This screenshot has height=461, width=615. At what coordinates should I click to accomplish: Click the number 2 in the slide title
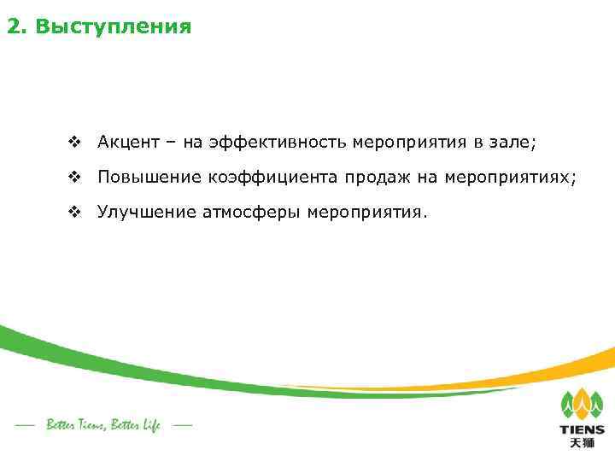[x=14, y=27]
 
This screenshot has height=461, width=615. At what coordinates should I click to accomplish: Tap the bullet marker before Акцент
[x=74, y=142]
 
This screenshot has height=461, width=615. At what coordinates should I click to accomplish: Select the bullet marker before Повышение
[x=74, y=177]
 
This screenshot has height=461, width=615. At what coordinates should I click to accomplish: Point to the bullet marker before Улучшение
[x=74, y=211]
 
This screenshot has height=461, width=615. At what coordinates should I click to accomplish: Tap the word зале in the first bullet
[x=512, y=142]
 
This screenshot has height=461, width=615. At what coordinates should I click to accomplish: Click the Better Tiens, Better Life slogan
[x=103, y=424]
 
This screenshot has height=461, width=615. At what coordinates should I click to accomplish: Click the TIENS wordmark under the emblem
[x=582, y=430]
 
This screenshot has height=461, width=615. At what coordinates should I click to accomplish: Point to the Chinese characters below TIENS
[x=582, y=444]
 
